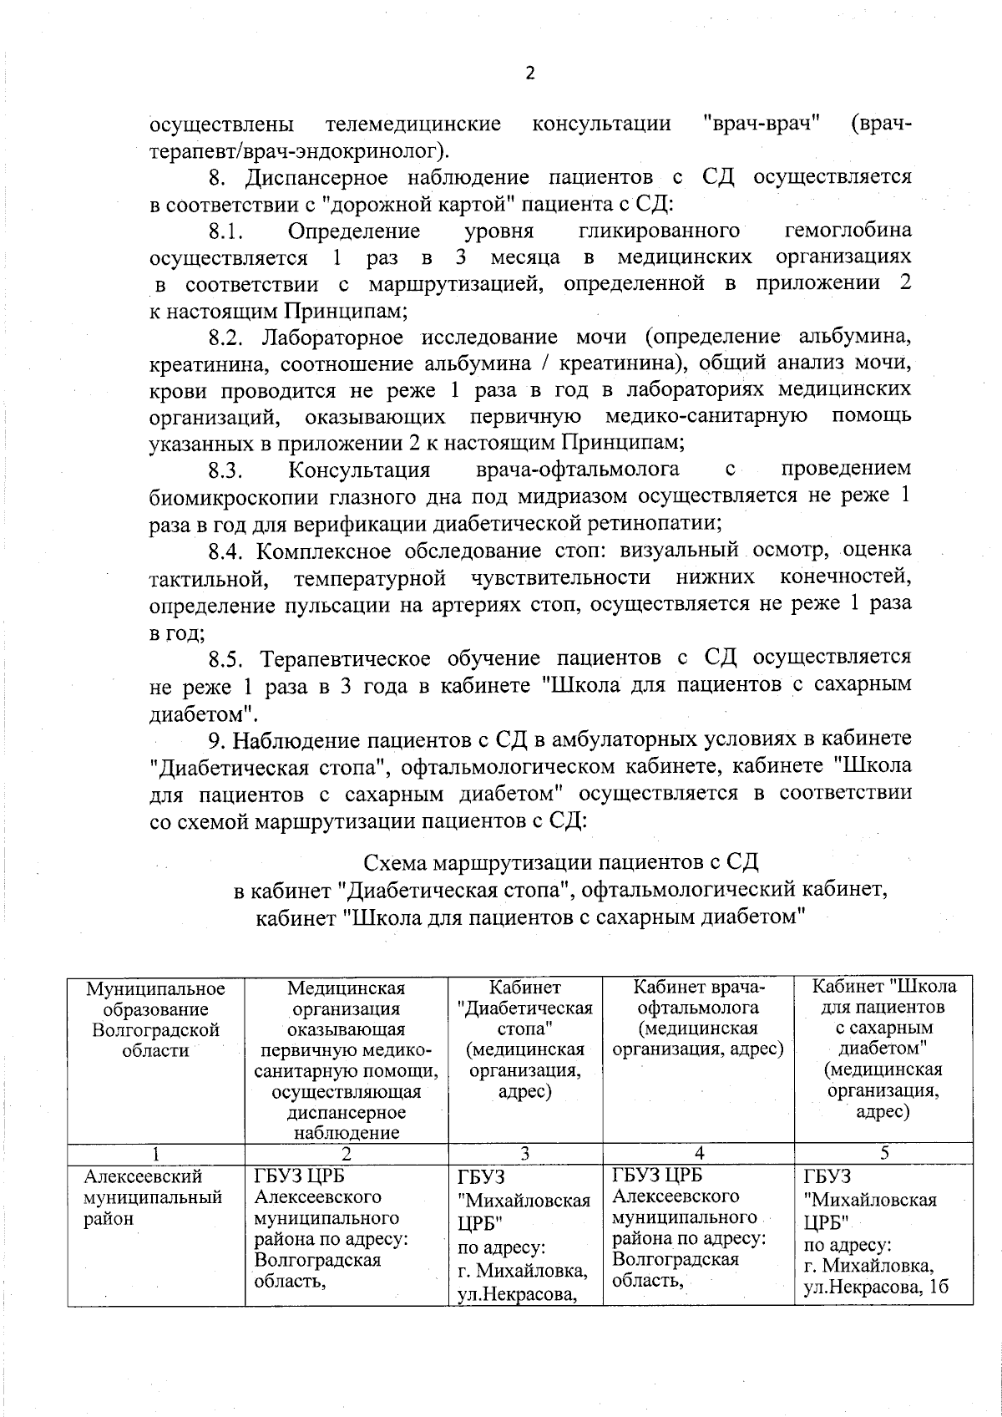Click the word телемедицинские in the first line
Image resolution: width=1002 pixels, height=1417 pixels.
(412, 125)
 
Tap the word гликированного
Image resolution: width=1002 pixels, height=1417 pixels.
(659, 231)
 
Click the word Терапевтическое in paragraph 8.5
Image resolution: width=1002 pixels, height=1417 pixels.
(345, 659)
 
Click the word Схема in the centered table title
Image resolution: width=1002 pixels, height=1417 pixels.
(396, 862)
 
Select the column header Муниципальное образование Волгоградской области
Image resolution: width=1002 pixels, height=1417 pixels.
(155, 1019)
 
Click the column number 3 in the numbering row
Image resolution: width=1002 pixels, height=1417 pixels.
(524, 1154)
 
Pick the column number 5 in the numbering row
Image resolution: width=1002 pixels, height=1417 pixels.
(883, 1154)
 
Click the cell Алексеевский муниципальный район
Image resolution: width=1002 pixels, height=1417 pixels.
(154, 1197)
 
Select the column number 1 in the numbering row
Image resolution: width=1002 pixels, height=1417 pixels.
(155, 1154)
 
